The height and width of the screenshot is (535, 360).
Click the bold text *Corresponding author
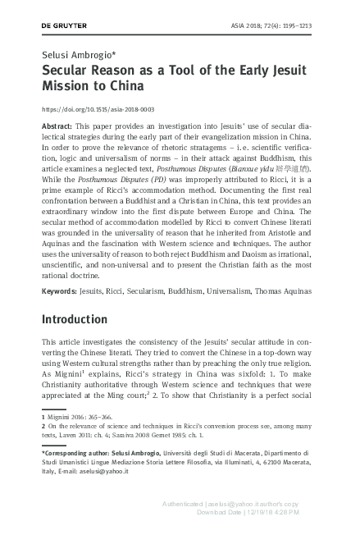[x=80, y=452]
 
